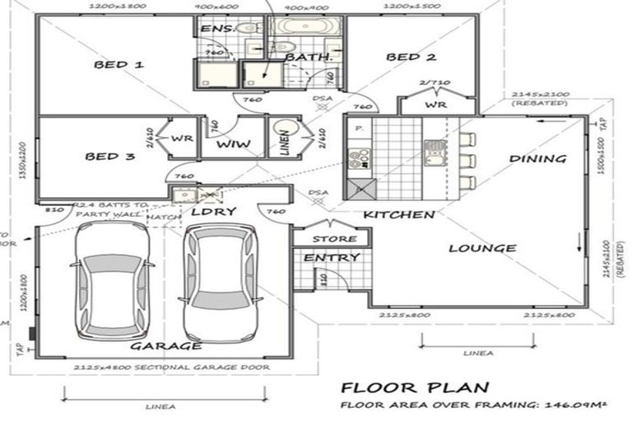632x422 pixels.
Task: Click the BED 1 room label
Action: pyautogui.click(x=118, y=64)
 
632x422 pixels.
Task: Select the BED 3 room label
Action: pyautogui.click(x=109, y=156)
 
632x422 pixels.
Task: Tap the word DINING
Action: pyautogui.click(x=537, y=158)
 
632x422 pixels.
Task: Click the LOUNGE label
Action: pyautogui.click(x=482, y=247)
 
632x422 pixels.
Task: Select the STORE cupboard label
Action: pyautogui.click(x=334, y=239)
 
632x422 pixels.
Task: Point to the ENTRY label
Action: pyautogui.click(x=332, y=258)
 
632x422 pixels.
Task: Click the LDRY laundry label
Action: pyautogui.click(x=213, y=212)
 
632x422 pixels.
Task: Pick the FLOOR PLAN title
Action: pyautogui.click(x=416, y=387)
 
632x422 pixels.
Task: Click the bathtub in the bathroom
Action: pyautogui.click(x=300, y=26)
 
